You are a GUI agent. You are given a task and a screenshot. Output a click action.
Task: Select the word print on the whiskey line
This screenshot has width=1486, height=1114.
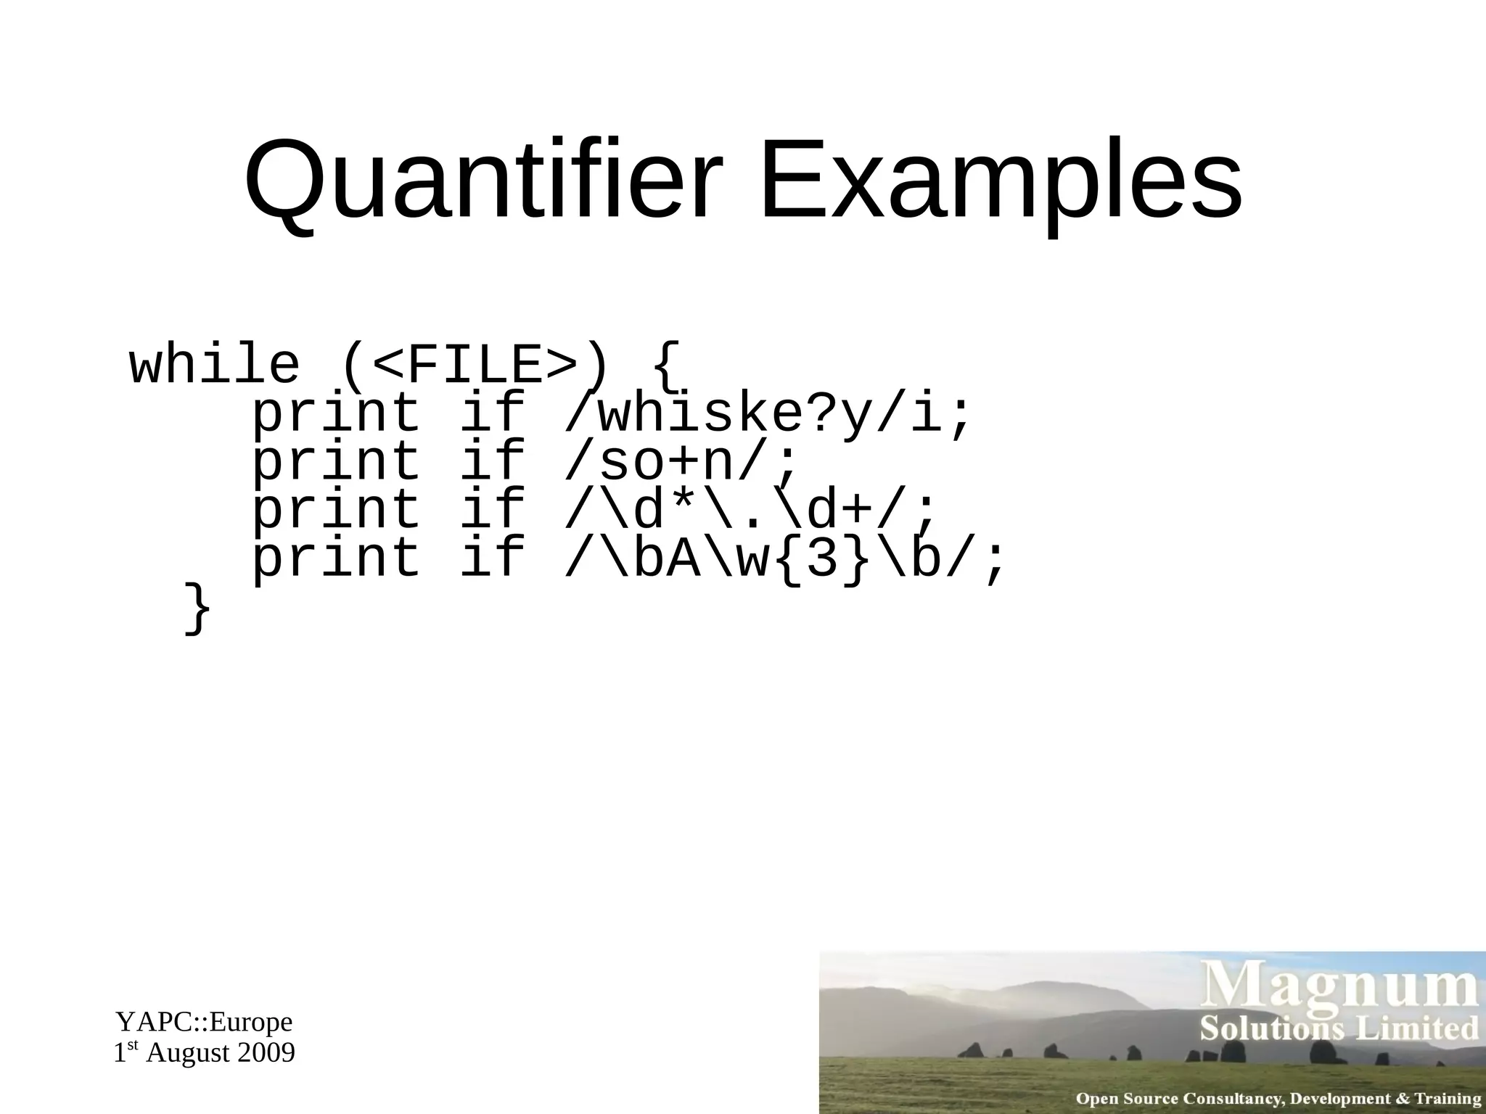[x=336, y=414]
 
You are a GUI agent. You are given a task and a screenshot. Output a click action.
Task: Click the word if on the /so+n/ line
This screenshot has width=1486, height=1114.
[x=493, y=462]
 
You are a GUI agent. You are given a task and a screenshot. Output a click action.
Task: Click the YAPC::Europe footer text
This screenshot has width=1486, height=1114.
[x=204, y=1022]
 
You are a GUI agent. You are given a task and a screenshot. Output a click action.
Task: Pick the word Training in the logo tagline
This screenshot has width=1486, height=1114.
[x=1447, y=1099]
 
